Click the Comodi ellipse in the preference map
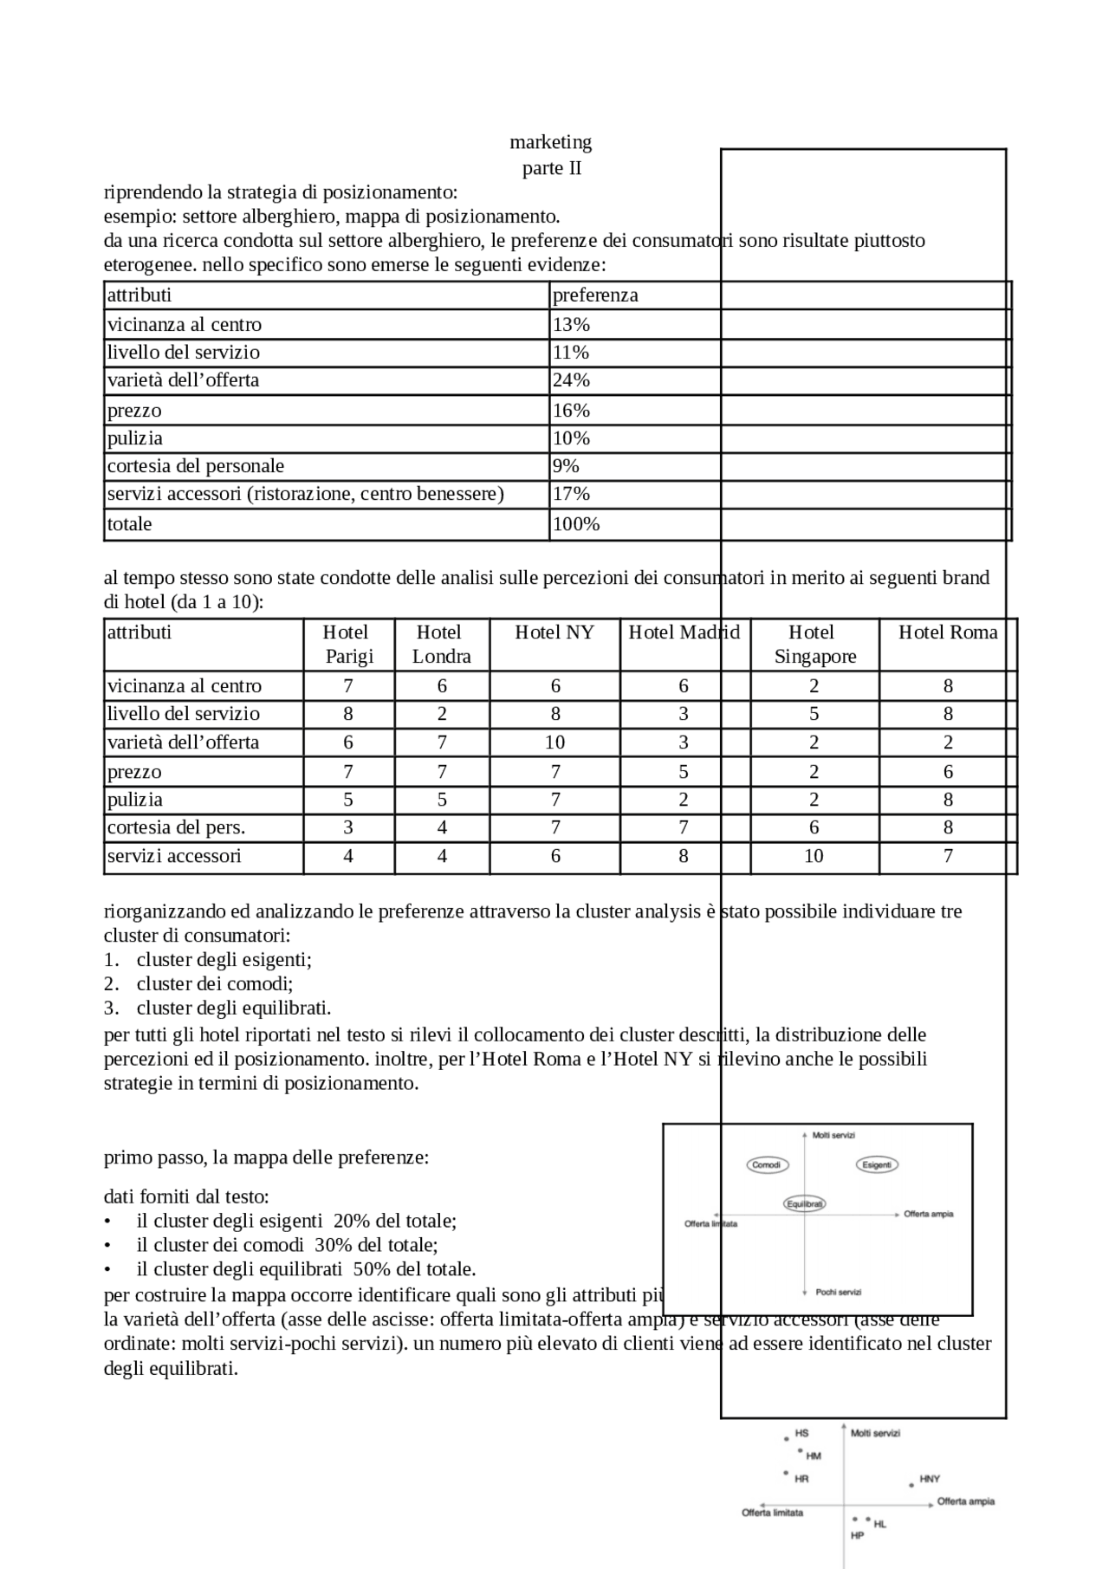767,1164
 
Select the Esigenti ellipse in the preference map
877,1164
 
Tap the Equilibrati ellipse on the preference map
805,1203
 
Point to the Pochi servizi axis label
838,1292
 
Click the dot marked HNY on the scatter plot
911,1485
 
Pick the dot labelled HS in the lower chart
787,1439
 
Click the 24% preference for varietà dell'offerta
571,380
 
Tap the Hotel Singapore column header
814,644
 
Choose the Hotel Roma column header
948,632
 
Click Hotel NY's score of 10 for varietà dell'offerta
554,742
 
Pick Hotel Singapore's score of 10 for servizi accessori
814,856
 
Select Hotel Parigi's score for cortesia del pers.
348,827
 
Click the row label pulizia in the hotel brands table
135,800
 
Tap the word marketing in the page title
550,142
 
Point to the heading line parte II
552,168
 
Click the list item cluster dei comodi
214,984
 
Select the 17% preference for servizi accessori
571,494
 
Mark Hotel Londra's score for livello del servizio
442,714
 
